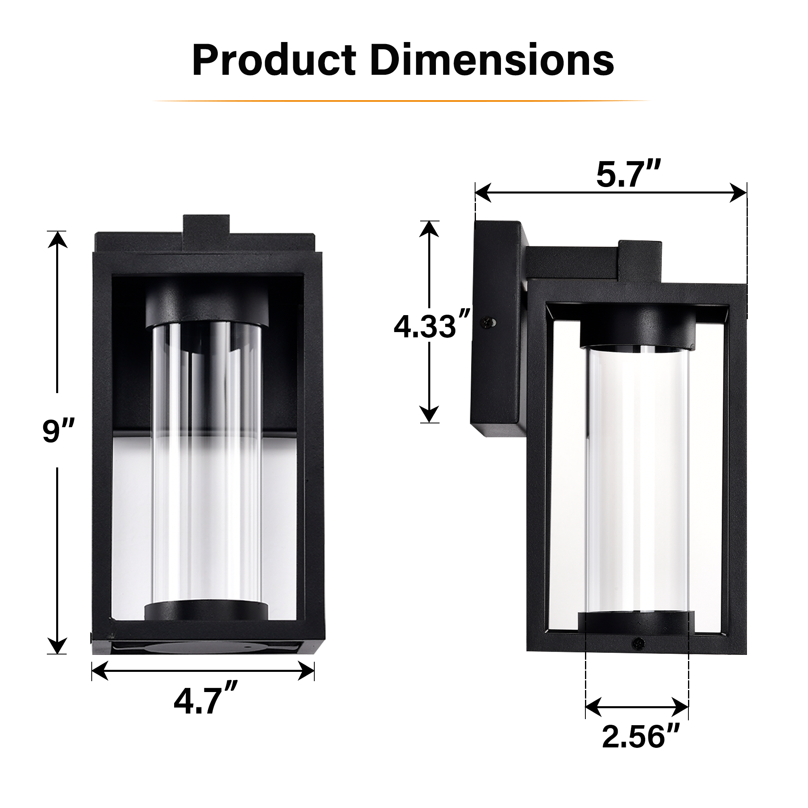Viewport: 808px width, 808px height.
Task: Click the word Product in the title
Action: tap(274, 61)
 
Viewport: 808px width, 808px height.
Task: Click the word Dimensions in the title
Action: tap(492, 61)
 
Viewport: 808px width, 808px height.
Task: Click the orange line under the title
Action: tap(402, 101)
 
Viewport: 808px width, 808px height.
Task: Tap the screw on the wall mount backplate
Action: tap(489, 322)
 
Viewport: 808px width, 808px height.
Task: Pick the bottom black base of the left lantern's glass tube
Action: tap(207, 612)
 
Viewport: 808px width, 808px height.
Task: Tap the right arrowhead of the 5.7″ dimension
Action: tap(739, 193)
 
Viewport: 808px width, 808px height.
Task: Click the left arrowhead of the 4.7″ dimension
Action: tap(99, 671)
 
